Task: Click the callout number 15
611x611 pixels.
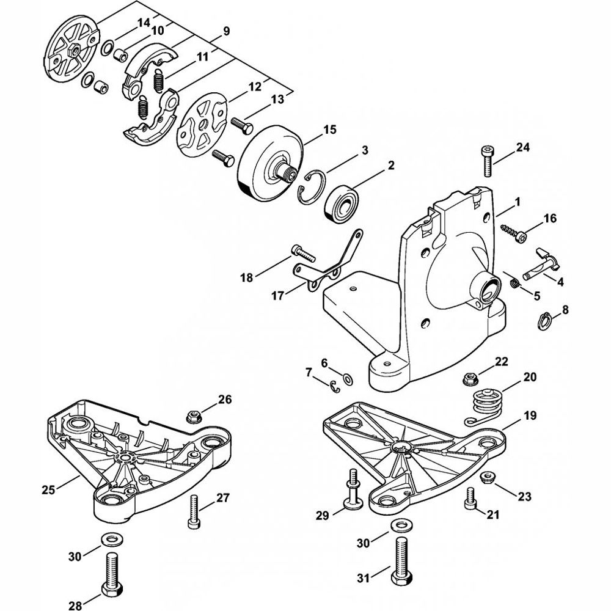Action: tap(330, 130)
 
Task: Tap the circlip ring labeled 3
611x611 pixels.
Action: tap(311, 187)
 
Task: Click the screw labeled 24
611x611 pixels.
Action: tap(487, 161)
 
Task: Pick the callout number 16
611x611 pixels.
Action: tap(551, 218)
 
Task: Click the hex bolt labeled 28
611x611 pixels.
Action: tap(112, 581)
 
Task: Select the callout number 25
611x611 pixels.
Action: tap(49, 489)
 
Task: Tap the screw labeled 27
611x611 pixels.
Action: tap(194, 511)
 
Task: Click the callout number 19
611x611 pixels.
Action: tap(530, 415)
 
